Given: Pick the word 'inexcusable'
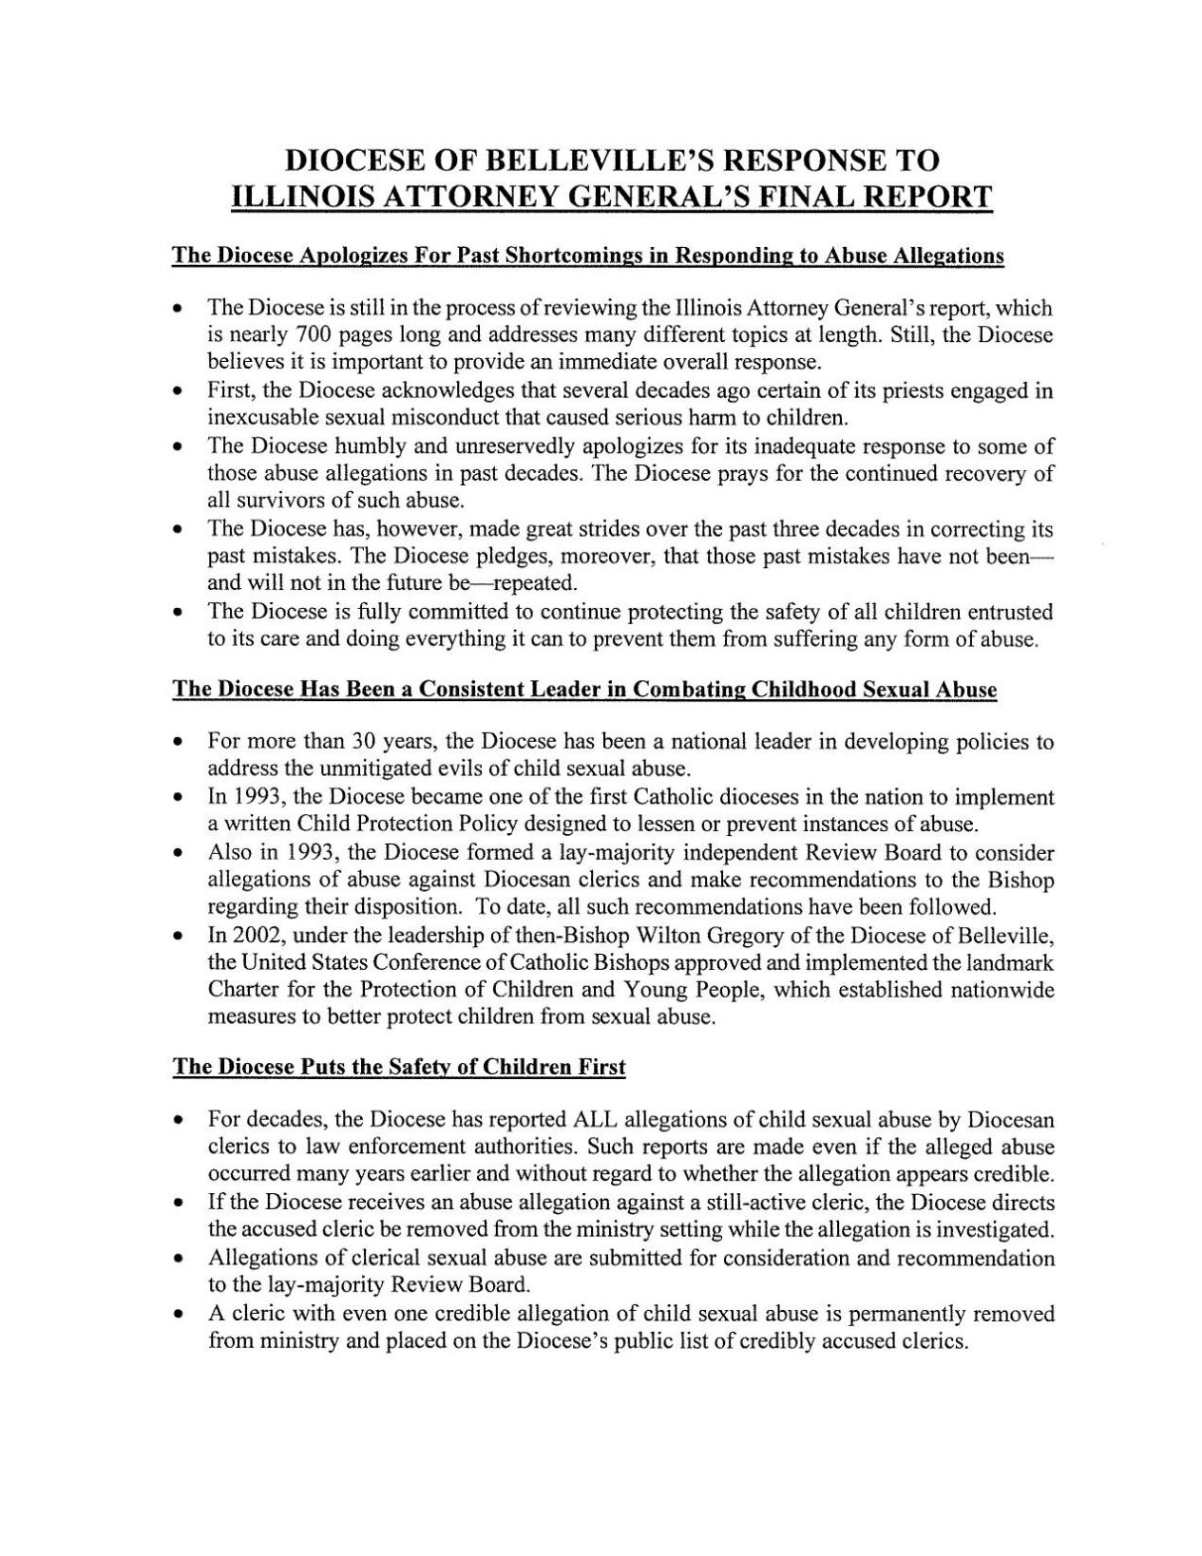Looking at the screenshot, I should point(259,418).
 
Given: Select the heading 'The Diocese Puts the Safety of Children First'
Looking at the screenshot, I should point(398,1067).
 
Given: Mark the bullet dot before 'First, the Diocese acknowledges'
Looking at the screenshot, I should point(178,391).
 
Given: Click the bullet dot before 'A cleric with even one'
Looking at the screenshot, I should point(178,1315).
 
